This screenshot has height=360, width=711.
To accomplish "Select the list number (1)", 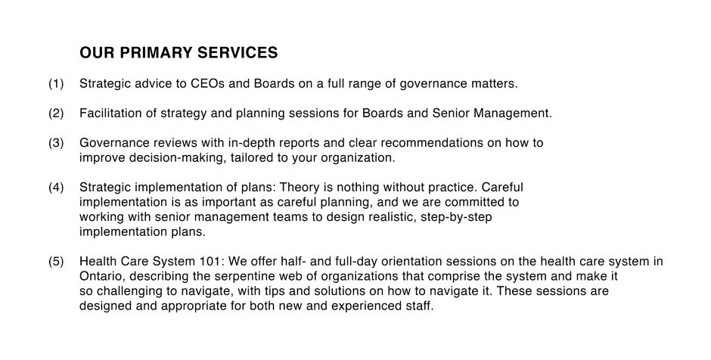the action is (56, 84).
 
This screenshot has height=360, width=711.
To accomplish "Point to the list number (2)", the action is (56, 113).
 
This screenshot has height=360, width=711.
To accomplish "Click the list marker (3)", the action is (56, 143).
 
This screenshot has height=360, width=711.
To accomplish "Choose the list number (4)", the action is (56, 188).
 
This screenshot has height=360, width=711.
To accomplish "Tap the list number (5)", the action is (56, 262).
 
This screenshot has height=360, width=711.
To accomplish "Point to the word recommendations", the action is (432, 143).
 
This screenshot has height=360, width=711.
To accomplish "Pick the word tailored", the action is (250, 158).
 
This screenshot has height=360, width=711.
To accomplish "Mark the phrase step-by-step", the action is (456, 217).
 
